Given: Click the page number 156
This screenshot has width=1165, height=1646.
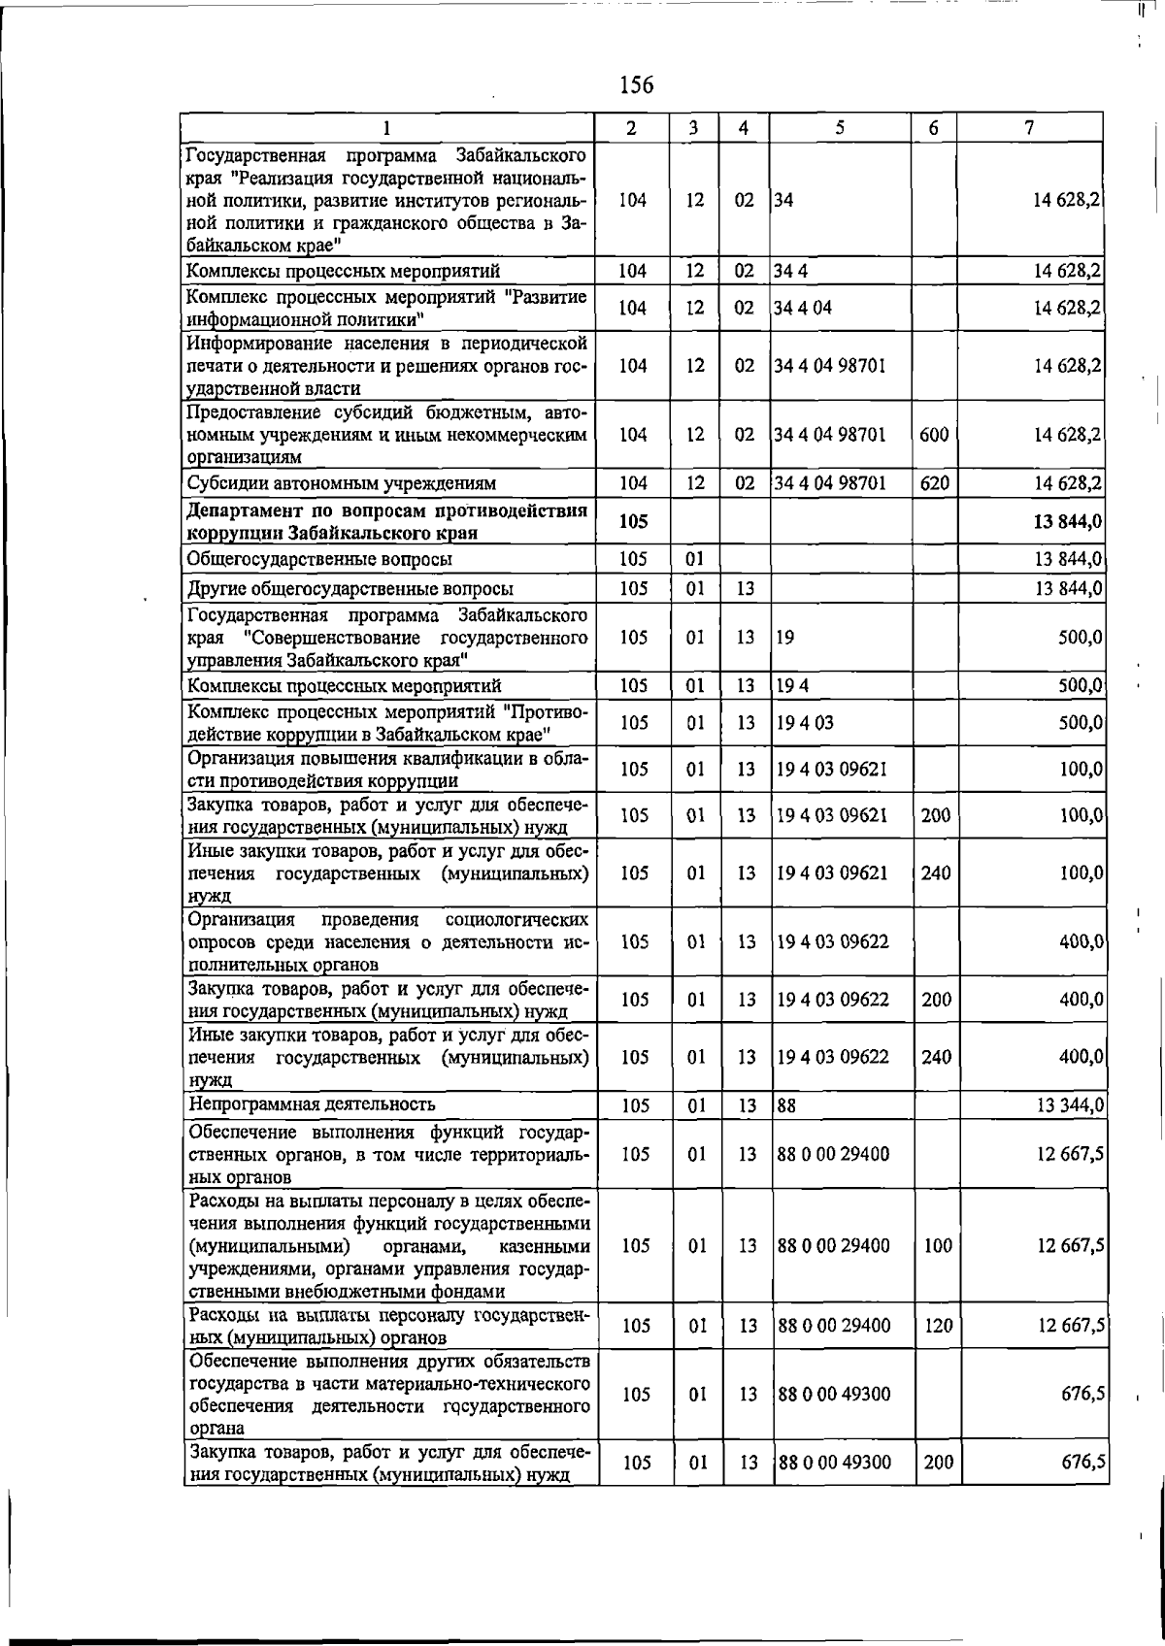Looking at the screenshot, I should click(x=636, y=86).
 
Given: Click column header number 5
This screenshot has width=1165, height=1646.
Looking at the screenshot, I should click(x=839, y=127).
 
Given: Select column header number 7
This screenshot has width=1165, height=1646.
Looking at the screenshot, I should click(x=1029, y=127).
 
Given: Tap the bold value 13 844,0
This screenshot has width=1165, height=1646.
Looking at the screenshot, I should click(x=1067, y=522).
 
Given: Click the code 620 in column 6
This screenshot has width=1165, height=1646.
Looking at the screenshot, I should click(x=933, y=483).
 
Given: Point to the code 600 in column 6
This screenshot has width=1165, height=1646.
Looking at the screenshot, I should click(x=933, y=435).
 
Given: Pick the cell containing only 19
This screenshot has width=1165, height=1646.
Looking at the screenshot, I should click(x=785, y=639).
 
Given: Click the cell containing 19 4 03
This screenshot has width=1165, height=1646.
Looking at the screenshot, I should click(x=805, y=723).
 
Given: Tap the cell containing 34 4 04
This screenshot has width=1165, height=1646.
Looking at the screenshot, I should click(x=802, y=309).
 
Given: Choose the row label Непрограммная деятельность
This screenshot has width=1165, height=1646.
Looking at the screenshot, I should click(x=312, y=1104).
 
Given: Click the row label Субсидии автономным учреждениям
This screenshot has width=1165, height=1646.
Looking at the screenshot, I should click(x=341, y=483).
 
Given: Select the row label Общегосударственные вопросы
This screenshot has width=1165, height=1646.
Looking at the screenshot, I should click(x=319, y=560).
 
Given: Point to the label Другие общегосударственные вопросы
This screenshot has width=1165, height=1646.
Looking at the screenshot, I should click(x=350, y=589).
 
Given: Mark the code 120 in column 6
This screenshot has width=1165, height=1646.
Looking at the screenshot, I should click(x=938, y=1326).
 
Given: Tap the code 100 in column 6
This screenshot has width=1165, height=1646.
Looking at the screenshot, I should click(x=938, y=1246).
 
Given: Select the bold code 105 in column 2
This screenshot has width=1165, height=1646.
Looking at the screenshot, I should click(x=633, y=522).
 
